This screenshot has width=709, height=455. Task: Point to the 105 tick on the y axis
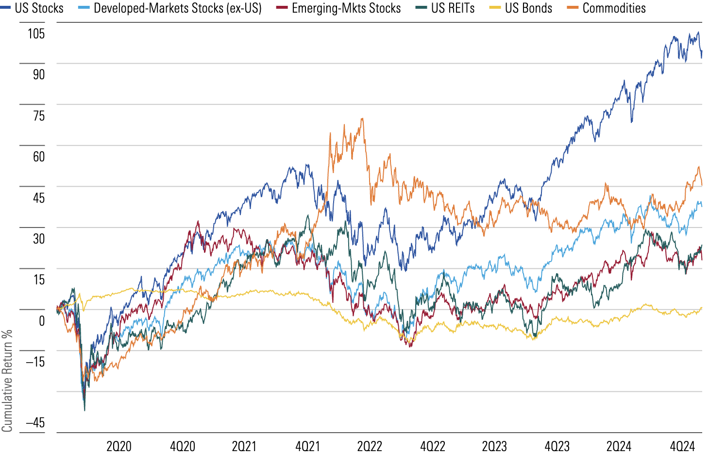36,34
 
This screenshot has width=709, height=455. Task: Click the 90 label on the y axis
38,74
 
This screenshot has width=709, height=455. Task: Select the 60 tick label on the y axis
38,157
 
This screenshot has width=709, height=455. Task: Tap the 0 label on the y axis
42,321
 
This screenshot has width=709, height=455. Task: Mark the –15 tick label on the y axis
35,362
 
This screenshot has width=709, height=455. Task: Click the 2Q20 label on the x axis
119,446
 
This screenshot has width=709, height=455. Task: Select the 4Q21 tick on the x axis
308,446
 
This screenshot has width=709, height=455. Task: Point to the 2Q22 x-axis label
370,446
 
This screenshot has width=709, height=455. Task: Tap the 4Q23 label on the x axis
557,446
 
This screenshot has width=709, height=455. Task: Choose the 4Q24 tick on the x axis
682,446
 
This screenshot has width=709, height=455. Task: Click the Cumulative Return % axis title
7,381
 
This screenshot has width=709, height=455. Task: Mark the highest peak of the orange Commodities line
362,119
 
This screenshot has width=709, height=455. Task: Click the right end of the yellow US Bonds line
702,308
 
